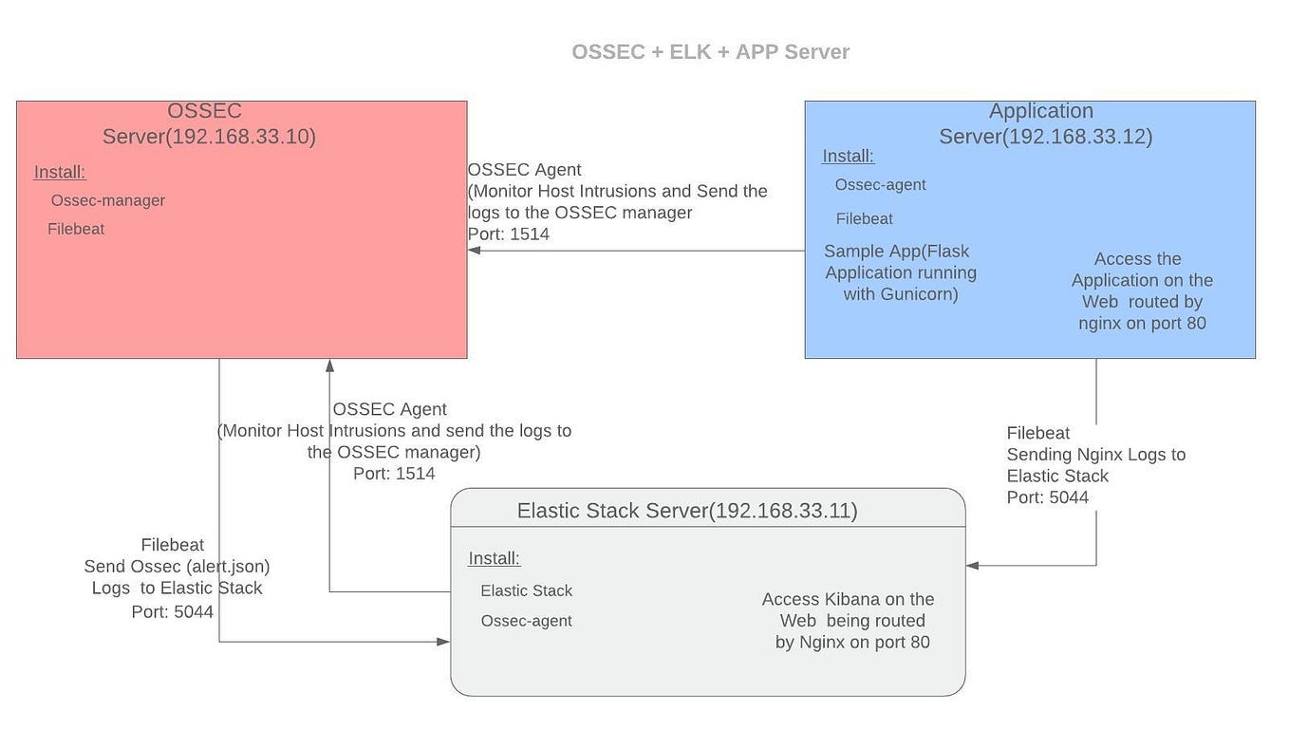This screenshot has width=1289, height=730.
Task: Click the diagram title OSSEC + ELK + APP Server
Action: pyautogui.click(x=710, y=52)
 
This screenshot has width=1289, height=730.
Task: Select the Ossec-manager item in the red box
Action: pyautogui.click(x=108, y=200)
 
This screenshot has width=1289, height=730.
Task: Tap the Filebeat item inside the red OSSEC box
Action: pyautogui.click(x=76, y=229)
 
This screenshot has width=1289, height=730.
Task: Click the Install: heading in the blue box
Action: pyautogui.click(x=848, y=157)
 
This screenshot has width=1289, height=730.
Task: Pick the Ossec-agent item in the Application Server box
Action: pyautogui.click(x=880, y=185)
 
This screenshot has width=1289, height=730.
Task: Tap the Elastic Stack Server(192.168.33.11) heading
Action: pyautogui.click(x=687, y=511)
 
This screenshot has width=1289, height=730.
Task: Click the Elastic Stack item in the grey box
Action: pyautogui.click(x=526, y=590)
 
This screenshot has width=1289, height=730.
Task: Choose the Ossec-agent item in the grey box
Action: pyautogui.click(x=526, y=621)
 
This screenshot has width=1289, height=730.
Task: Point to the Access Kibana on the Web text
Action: pyautogui.click(x=848, y=599)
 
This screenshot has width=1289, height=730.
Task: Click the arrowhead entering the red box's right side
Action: pyautogui.click(x=474, y=251)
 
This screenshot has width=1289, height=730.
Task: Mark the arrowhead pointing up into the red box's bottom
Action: pyautogui.click(x=329, y=365)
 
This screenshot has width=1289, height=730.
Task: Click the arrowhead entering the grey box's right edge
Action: pyautogui.click(x=973, y=566)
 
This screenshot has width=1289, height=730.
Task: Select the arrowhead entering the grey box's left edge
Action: pyautogui.click(x=443, y=642)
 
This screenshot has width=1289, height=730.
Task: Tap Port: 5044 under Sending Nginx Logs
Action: pyautogui.click(x=1048, y=497)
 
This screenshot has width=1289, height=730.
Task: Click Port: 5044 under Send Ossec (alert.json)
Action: pyautogui.click(x=173, y=612)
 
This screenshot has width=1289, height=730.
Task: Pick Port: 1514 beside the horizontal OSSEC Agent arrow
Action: pyautogui.click(x=509, y=234)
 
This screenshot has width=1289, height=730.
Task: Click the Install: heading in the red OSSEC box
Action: pyautogui.click(x=60, y=173)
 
